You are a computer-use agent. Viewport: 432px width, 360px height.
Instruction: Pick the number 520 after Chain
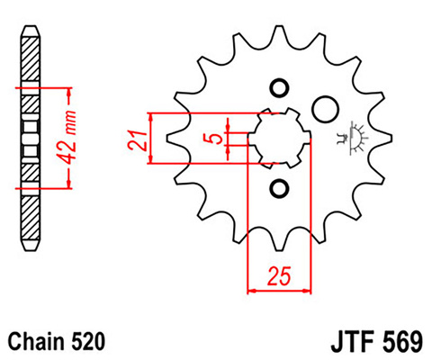point(89,342)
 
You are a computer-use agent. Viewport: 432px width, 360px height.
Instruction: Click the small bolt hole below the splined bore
point(278,188)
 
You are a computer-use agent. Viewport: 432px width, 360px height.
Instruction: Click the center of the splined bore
point(278,138)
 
